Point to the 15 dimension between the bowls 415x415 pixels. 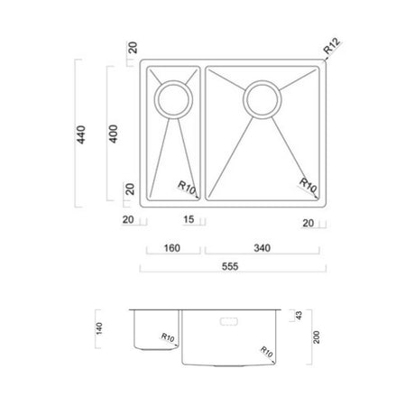point(190,220)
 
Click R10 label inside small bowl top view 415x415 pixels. point(187,187)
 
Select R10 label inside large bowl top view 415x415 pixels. point(308,187)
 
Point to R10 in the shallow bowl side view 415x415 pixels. point(167,338)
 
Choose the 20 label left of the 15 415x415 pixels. point(128,220)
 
